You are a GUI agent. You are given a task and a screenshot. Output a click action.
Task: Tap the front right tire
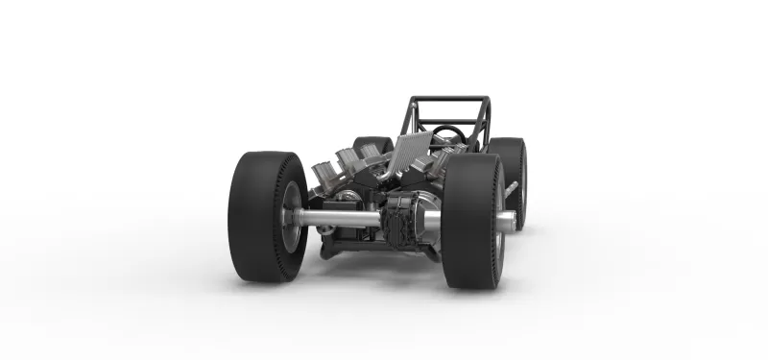point(470,221)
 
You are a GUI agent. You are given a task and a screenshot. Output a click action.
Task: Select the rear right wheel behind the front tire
point(513,178)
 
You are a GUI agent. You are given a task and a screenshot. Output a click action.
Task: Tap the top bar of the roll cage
point(449,98)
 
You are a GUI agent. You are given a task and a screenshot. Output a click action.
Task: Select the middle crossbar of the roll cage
point(449,122)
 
